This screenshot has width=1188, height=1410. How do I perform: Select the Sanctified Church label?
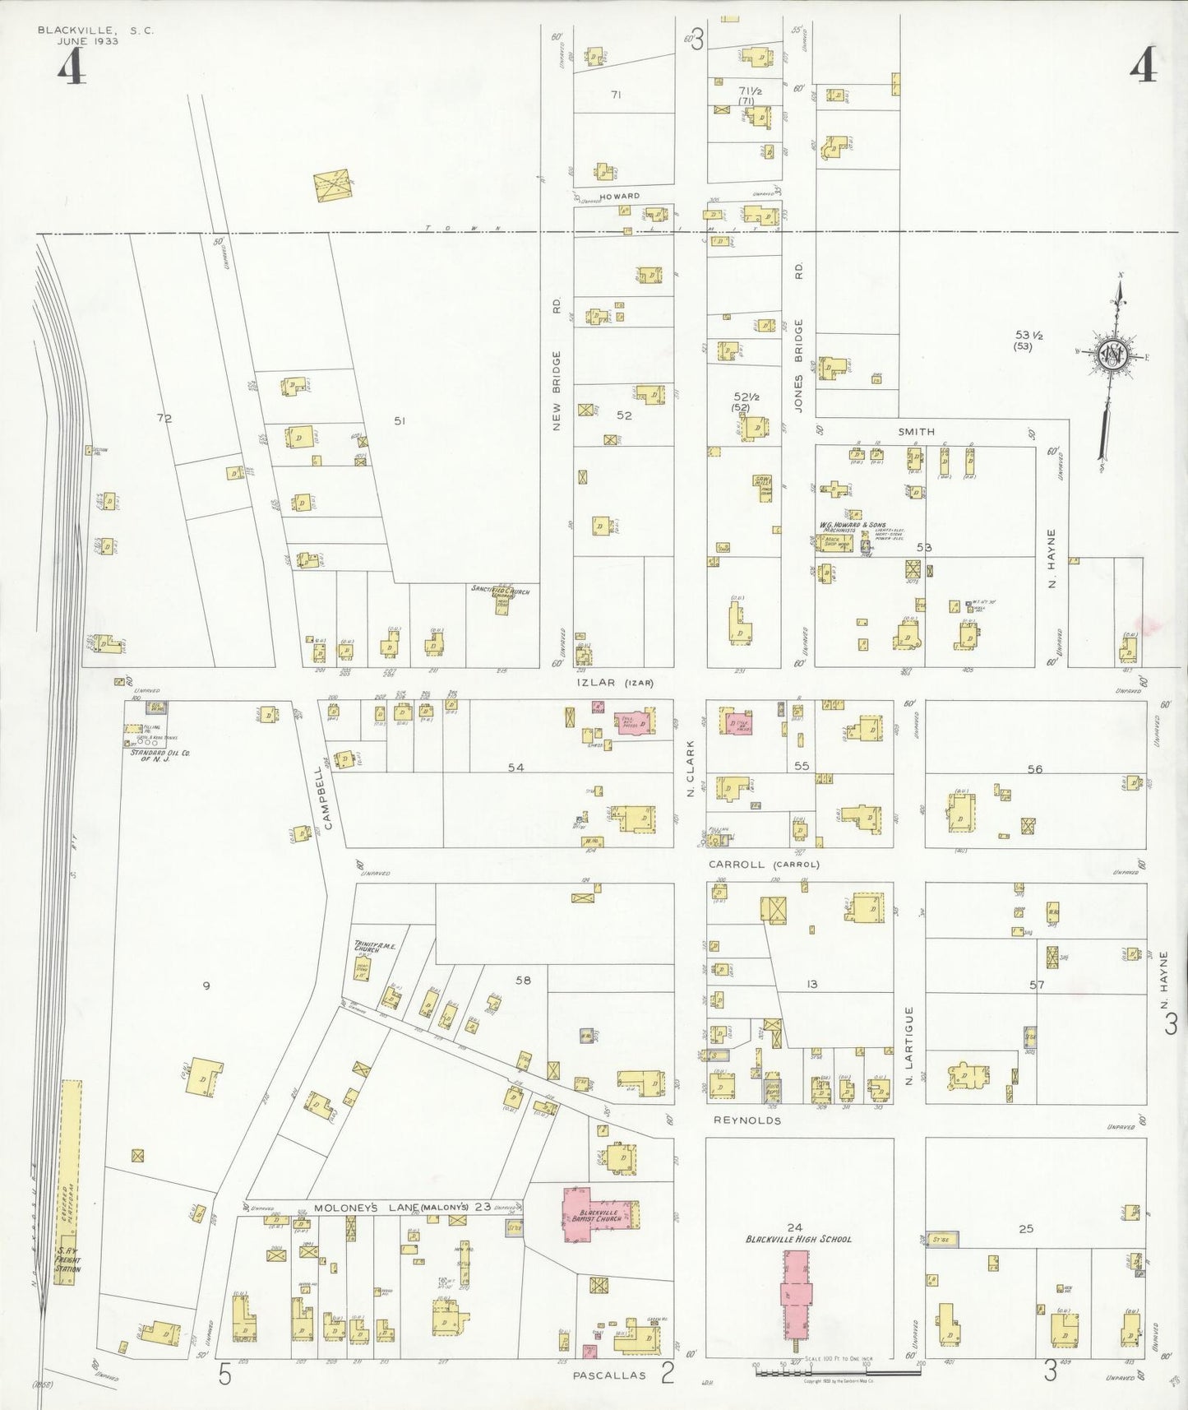tap(501, 591)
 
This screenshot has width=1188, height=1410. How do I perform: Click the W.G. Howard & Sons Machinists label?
tap(839, 528)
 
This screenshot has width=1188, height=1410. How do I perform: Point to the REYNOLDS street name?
tap(747, 1120)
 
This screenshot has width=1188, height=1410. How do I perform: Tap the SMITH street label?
tap(916, 431)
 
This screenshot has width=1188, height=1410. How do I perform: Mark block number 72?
tap(164, 419)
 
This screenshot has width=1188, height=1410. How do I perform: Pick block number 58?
tap(523, 980)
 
